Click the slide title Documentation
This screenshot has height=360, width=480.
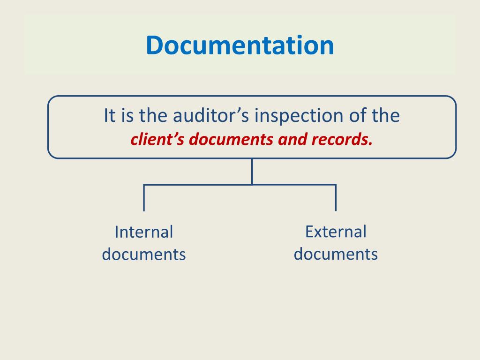(240, 45)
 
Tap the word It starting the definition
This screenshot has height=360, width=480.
(109, 115)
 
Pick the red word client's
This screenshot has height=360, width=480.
(152, 140)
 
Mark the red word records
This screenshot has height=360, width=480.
(340, 140)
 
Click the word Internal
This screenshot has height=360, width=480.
(144, 232)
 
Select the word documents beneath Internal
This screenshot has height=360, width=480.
(144, 255)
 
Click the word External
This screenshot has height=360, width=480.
(336, 232)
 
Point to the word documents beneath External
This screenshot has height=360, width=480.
(336, 254)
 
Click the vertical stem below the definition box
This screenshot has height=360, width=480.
(252, 171)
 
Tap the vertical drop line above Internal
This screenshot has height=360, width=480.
(144, 198)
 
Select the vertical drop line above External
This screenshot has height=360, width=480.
(336, 198)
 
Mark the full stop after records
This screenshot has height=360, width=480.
(371, 143)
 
